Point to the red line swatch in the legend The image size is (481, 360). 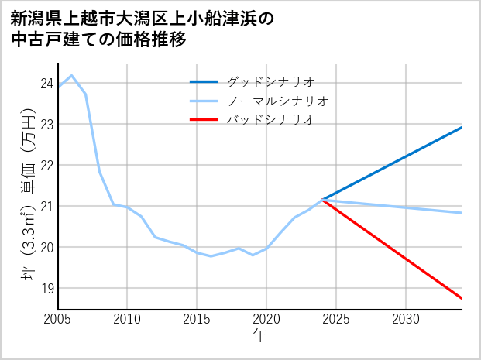(x=204, y=120)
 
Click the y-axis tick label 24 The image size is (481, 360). (x=46, y=84)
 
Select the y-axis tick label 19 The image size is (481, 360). (x=46, y=289)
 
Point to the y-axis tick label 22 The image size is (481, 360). (x=46, y=165)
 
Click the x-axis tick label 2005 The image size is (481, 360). (x=58, y=319)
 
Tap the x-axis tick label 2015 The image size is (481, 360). (x=197, y=319)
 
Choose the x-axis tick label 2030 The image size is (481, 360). (x=406, y=319)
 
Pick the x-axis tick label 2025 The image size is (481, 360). (x=336, y=319)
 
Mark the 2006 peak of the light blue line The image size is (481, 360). (x=72, y=76)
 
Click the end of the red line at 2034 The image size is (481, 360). (x=462, y=298)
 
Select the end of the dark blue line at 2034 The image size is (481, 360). (x=462, y=127)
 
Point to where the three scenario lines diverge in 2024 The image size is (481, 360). (x=322, y=200)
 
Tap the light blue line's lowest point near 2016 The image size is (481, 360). (x=211, y=255)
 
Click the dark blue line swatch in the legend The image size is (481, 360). (x=204, y=81)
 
